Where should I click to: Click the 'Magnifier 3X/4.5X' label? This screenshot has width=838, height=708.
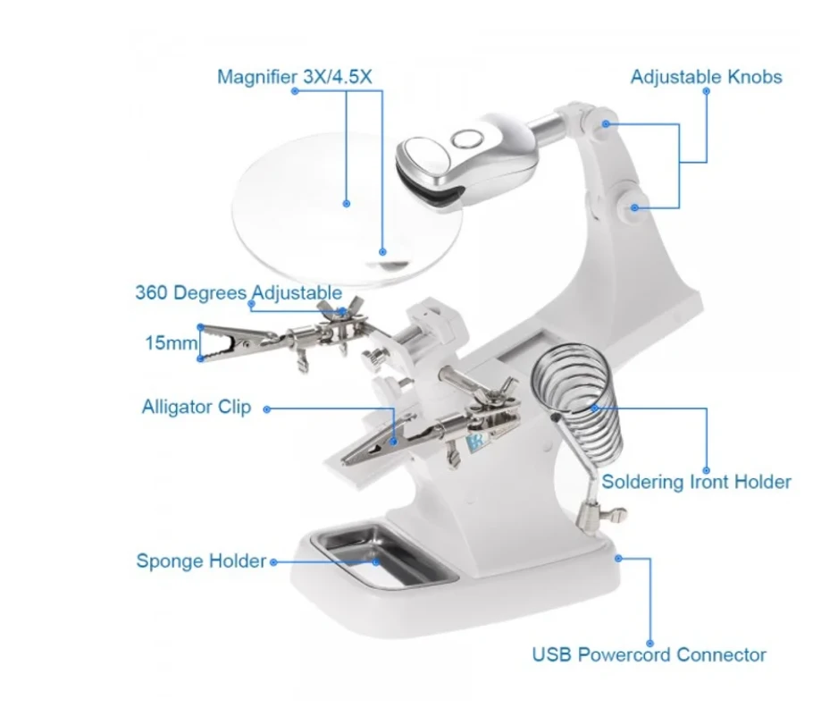295,77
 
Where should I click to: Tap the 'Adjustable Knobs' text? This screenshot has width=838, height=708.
706,77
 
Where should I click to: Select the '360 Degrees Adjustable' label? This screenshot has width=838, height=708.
239,292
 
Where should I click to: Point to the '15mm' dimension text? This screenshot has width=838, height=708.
171,342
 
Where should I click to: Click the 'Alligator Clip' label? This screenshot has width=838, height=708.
197,407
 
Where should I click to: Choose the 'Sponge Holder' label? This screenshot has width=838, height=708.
201,560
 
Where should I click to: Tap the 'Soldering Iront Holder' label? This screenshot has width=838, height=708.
696,482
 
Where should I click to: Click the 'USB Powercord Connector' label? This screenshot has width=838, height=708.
649,654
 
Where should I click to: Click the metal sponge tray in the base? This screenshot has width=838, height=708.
386,555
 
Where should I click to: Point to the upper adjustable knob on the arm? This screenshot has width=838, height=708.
605,123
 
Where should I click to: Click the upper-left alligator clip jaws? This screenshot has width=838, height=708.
235,341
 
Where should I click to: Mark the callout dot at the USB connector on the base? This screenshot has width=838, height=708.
618,559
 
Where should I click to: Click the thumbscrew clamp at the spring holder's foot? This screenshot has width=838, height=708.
601,513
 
